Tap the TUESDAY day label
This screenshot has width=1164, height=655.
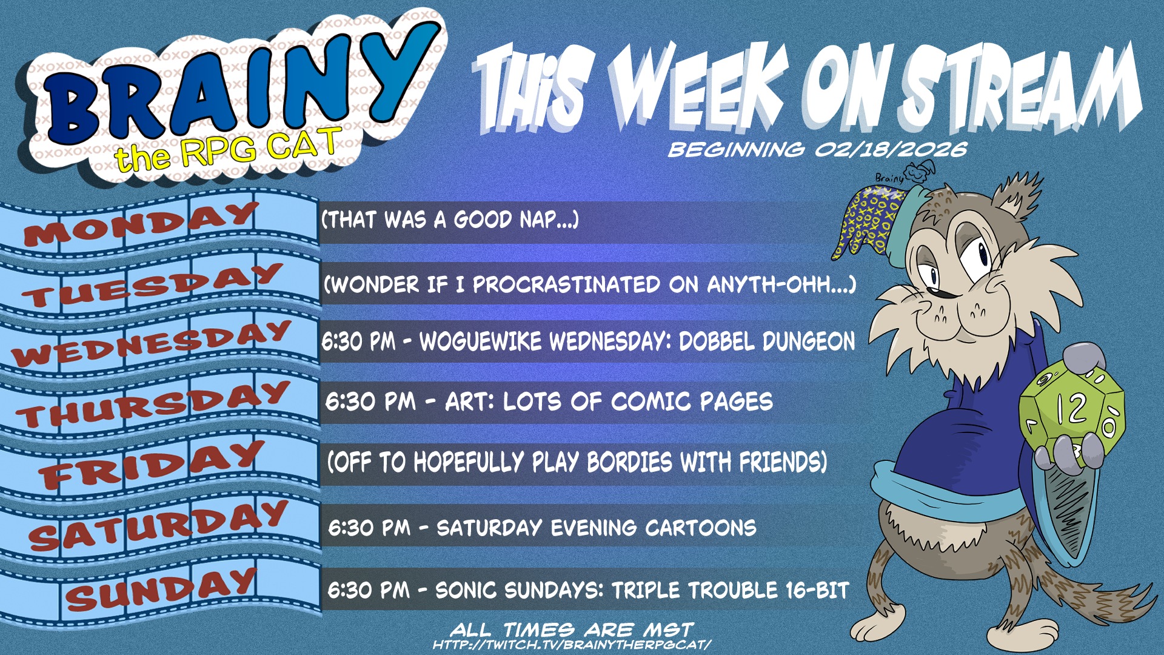[152, 285]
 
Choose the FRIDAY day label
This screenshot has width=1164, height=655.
[152, 465]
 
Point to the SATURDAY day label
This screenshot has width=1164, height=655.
[158, 525]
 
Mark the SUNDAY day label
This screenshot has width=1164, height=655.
[161, 588]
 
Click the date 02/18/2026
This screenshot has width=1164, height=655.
[891, 149]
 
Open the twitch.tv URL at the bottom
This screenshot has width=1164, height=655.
[572, 645]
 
